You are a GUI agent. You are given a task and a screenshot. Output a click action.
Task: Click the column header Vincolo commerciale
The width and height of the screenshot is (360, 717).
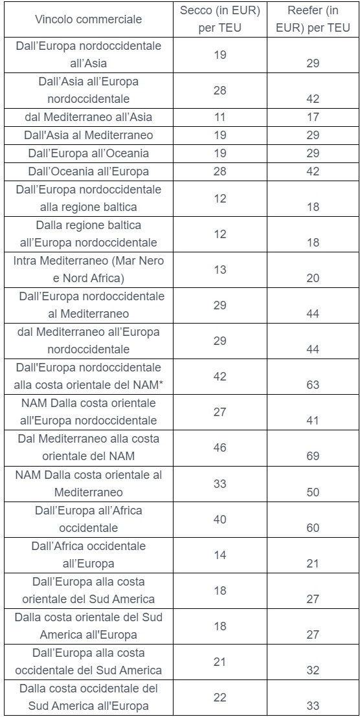click(x=88, y=19)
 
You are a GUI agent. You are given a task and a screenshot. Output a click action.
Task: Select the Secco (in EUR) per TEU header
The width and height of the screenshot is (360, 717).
click(x=220, y=19)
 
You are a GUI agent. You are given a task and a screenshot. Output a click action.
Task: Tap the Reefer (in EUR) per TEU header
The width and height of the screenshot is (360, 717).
click(x=313, y=19)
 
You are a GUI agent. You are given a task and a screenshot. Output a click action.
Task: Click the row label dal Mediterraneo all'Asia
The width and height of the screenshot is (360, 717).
click(x=88, y=117)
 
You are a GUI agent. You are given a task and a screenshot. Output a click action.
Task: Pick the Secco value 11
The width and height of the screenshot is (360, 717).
click(x=220, y=117)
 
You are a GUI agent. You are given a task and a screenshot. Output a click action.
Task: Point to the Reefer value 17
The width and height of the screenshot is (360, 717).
click(x=313, y=117)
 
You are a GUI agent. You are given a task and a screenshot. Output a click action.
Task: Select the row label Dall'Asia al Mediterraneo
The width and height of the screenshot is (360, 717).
click(x=88, y=135)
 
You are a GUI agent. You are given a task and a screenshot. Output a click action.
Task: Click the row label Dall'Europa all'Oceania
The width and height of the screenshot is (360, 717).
click(x=88, y=153)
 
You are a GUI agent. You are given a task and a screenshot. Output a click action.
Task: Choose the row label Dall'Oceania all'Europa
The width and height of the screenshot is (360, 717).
click(x=88, y=171)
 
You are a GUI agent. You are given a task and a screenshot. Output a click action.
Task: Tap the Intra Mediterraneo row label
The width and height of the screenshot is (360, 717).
click(x=88, y=269)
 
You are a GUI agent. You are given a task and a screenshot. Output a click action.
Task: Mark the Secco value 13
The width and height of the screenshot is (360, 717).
click(x=220, y=269)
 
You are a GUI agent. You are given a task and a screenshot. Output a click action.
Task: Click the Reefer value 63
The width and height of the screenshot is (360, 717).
click(x=313, y=385)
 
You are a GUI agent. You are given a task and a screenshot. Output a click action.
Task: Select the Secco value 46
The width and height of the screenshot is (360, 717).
click(x=220, y=447)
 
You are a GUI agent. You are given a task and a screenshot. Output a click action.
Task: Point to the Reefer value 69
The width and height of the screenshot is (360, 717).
click(x=313, y=456)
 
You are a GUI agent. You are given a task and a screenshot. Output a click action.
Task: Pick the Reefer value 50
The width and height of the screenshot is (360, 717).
click(x=313, y=492)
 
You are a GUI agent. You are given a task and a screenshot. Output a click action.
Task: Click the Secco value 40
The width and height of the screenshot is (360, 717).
click(x=220, y=519)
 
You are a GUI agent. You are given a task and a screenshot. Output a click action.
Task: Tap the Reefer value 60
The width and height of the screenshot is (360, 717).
click(x=313, y=527)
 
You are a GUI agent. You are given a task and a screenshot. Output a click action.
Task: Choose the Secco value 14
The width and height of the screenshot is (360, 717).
click(x=220, y=555)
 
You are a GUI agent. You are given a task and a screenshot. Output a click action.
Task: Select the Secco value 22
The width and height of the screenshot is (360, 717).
click(x=220, y=698)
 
